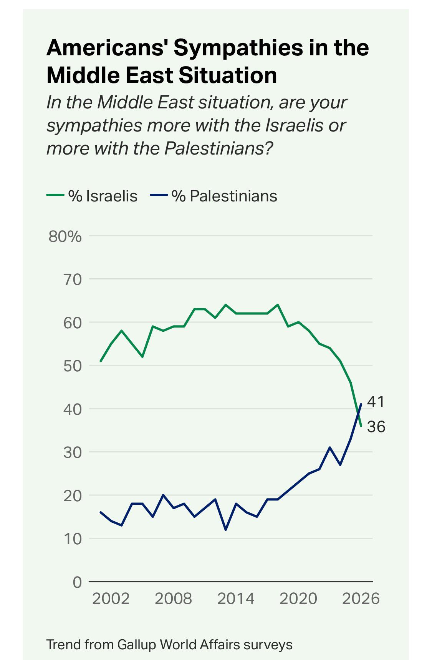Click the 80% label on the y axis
65,237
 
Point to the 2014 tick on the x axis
235,598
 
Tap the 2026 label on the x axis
361,598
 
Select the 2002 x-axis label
111,598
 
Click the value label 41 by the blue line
376,402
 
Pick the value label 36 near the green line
376,427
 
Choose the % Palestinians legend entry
224,196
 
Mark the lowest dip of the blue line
225,530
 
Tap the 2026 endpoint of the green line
361,426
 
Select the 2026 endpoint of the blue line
361,404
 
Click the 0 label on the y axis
77,582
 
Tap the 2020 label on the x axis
298,598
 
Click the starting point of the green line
101,361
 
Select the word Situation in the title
228,75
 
